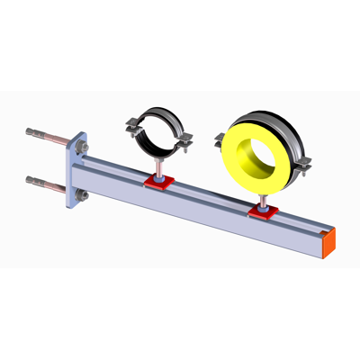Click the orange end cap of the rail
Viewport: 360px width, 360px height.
click(x=330, y=240)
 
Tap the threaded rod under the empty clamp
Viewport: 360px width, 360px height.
click(x=158, y=168)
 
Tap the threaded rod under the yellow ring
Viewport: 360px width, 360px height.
click(x=263, y=200)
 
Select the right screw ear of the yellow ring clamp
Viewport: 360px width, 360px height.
click(x=304, y=164)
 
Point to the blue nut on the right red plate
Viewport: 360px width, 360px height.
click(x=263, y=211)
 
